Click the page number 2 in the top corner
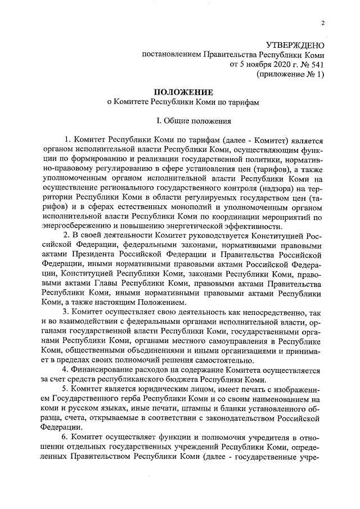pos(322,23)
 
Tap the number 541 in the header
pos(317,64)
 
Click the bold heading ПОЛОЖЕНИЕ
pos(184,92)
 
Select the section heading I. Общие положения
pos(184,120)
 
